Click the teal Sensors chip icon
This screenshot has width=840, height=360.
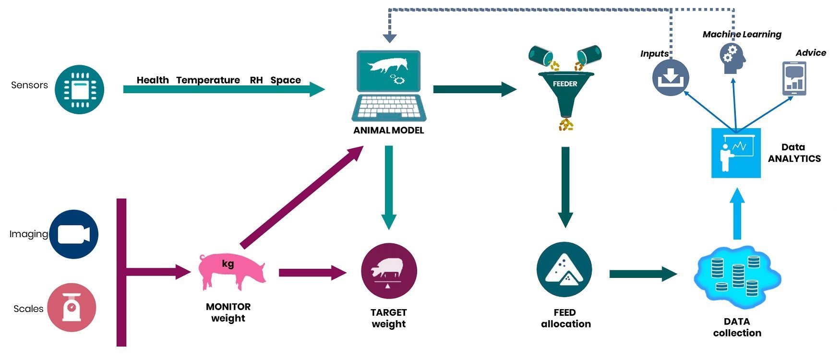pyautogui.click(x=79, y=89)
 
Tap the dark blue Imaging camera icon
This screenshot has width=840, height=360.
pyautogui.click(x=73, y=234)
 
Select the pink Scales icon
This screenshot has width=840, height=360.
pyautogui.click(x=72, y=307)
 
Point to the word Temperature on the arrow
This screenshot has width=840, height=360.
pyautogui.click(x=208, y=80)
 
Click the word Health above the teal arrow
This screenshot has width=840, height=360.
pyautogui.click(x=153, y=80)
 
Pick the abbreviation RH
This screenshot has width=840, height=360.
pyautogui.click(x=256, y=80)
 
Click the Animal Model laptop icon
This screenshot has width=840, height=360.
pyautogui.click(x=389, y=86)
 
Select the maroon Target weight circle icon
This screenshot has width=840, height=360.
pyautogui.click(x=389, y=271)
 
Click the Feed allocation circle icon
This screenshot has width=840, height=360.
pyautogui.click(x=564, y=270)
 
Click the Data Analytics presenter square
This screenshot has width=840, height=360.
pyautogui.click(x=736, y=153)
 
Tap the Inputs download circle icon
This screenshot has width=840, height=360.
pyautogui.click(x=671, y=78)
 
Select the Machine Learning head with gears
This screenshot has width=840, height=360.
pyautogui.click(x=732, y=58)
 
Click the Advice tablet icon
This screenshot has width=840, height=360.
pyautogui.click(x=794, y=79)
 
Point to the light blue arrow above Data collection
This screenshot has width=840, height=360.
pyautogui.click(x=737, y=214)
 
